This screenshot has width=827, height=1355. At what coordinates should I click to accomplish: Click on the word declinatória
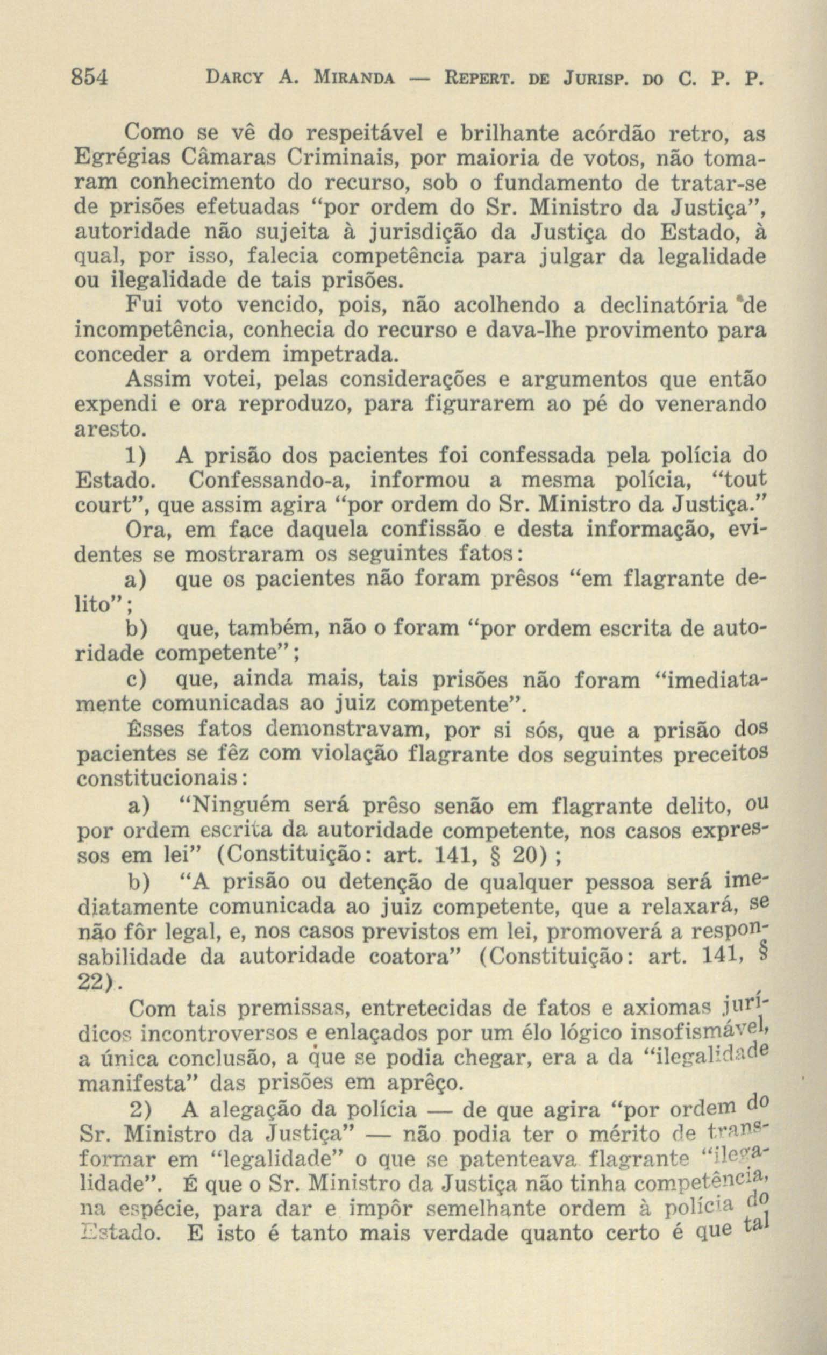click(x=662, y=305)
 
